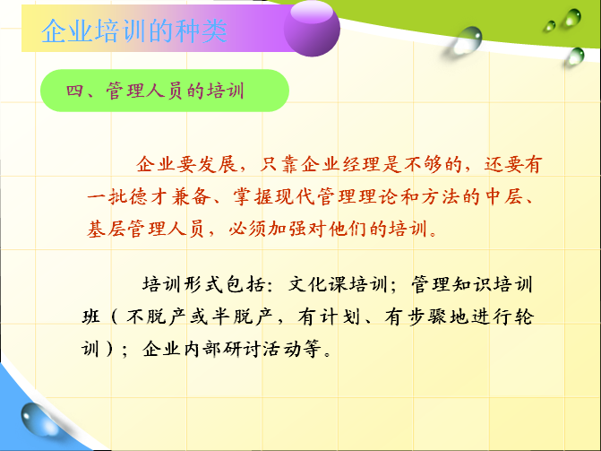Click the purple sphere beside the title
point(312,28)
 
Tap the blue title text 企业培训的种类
point(134,30)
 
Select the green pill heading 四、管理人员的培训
point(165,91)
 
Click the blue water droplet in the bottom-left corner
point(39,419)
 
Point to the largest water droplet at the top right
point(467,40)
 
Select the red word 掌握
point(253,197)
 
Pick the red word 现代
point(295,197)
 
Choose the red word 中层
point(502,197)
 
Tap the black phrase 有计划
point(329,317)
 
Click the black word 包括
point(245,285)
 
